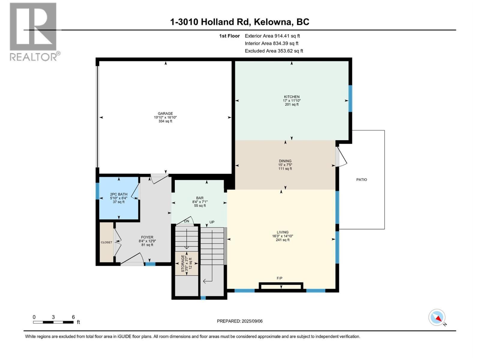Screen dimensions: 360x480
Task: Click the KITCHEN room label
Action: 292,97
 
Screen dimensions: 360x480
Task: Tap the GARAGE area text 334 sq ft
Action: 165,121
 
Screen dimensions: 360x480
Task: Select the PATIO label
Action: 361,180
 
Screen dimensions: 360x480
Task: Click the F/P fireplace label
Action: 279,278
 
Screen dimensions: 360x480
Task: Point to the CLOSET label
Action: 106,242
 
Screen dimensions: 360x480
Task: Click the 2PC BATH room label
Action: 118,194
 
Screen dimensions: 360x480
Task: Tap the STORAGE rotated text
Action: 183,264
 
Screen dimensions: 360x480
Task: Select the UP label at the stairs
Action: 212,222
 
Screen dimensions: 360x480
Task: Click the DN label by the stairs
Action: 187,221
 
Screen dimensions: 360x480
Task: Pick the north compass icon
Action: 437,317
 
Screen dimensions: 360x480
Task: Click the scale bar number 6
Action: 73,317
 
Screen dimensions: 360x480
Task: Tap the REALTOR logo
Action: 34,31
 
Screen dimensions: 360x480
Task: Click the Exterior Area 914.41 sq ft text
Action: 272,36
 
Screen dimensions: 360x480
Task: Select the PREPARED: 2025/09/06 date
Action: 240,321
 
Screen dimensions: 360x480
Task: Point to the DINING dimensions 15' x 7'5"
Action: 285,165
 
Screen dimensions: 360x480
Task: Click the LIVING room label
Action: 282,232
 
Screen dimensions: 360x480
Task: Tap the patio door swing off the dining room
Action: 341,156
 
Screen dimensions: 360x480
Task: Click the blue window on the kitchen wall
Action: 350,98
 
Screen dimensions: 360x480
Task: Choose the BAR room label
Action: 199,198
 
